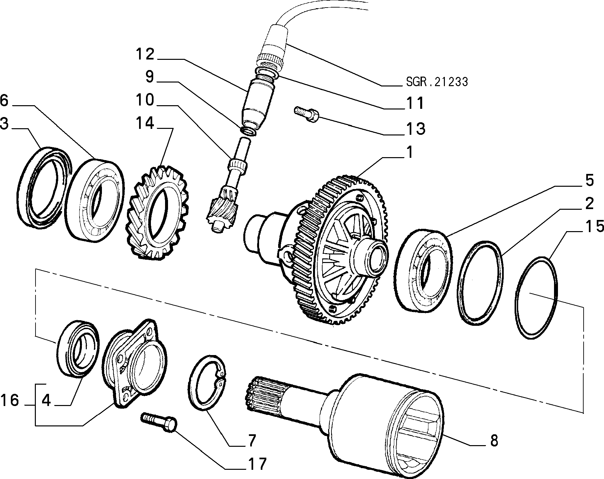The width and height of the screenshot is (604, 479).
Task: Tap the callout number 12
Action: click(145, 54)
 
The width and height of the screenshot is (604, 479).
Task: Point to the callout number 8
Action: click(494, 441)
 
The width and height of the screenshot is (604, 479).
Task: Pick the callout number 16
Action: click(10, 401)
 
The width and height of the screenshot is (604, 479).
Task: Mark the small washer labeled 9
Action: click(249, 131)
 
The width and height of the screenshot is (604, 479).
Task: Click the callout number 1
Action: click(409, 153)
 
